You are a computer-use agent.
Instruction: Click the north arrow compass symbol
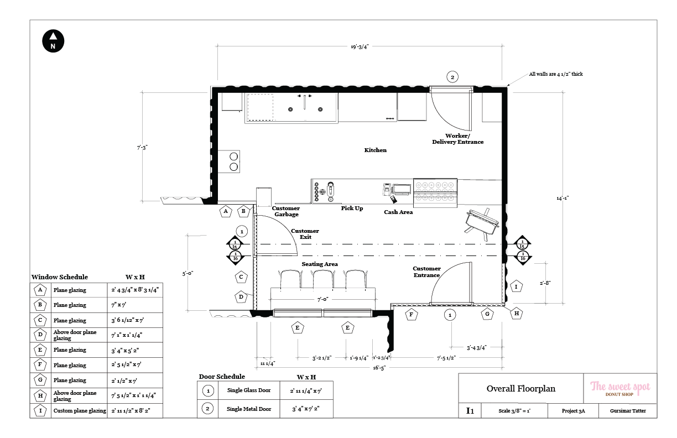tap(53, 41)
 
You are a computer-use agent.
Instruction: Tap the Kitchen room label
tap(376, 150)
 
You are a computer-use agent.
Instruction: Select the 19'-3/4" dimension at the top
tap(360, 47)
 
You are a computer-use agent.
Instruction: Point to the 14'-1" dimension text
tap(563, 199)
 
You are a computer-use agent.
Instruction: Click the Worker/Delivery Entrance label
tap(457, 139)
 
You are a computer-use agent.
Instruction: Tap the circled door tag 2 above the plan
tap(452, 77)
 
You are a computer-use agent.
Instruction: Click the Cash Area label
tap(398, 212)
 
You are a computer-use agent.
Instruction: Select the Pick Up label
tap(352, 208)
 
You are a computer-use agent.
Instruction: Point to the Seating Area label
tap(320, 264)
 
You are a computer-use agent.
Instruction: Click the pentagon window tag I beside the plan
tap(516, 286)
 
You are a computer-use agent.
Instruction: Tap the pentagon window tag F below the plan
tap(412, 315)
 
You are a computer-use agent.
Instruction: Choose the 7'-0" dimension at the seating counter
tap(323, 299)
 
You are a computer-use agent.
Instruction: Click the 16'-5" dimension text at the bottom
tap(379, 368)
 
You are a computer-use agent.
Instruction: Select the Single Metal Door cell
tap(249, 409)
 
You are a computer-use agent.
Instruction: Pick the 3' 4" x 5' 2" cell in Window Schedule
tap(135, 350)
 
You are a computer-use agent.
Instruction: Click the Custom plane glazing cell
tap(80, 411)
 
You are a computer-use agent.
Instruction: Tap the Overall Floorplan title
tap(521, 389)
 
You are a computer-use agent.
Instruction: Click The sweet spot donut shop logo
tap(620, 389)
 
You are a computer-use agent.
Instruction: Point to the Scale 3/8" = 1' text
tap(514, 411)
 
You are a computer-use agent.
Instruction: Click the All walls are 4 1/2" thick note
tap(556, 74)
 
